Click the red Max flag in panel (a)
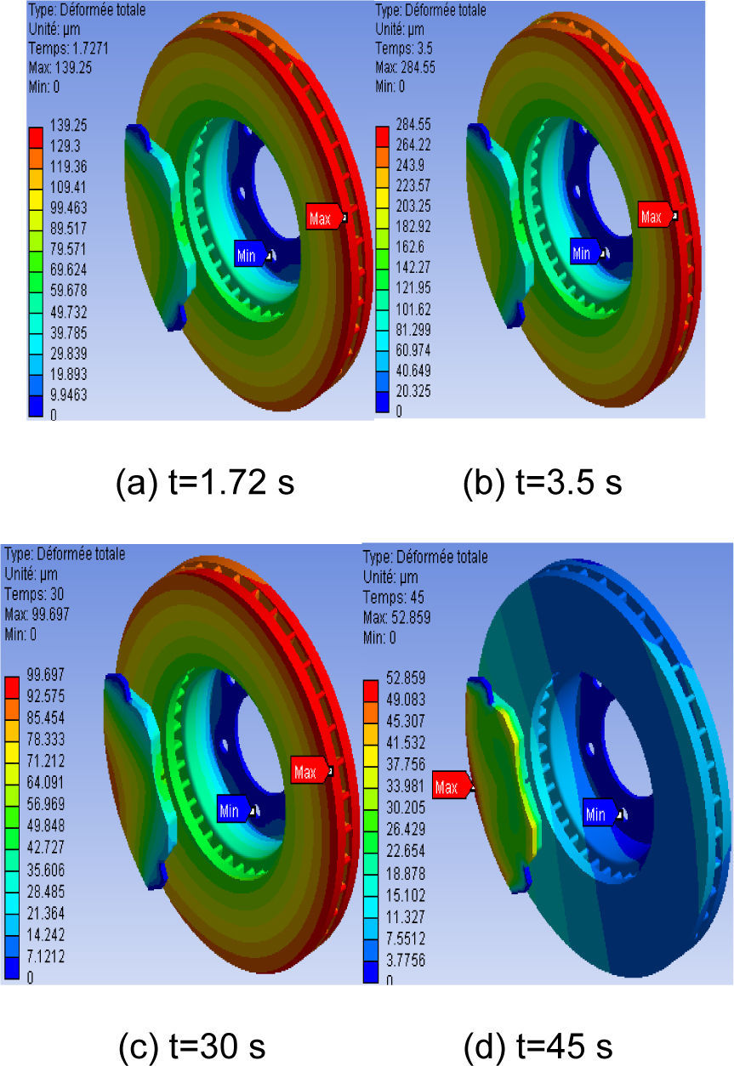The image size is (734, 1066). pyautogui.click(x=324, y=217)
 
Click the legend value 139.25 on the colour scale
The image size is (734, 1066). pyautogui.click(x=69, y=125)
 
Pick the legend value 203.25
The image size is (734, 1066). pyautogui.click(x=413, y=206)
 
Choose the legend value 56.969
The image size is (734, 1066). pyautogui.click(x=46, y=804)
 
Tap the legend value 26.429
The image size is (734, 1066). pyautogui.click(x=406, y=829)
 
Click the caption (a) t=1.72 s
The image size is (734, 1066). pyautogui.click(x=205, y=483)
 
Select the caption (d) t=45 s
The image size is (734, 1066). pyautogui.click(x=538, y=1047)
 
